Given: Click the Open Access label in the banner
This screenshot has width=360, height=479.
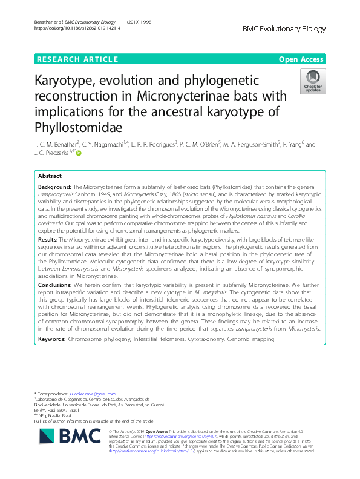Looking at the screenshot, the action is point(302,59).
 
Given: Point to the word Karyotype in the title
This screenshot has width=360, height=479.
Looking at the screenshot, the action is point(73,82).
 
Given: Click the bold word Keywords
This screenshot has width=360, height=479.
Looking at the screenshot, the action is point(53,340).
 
